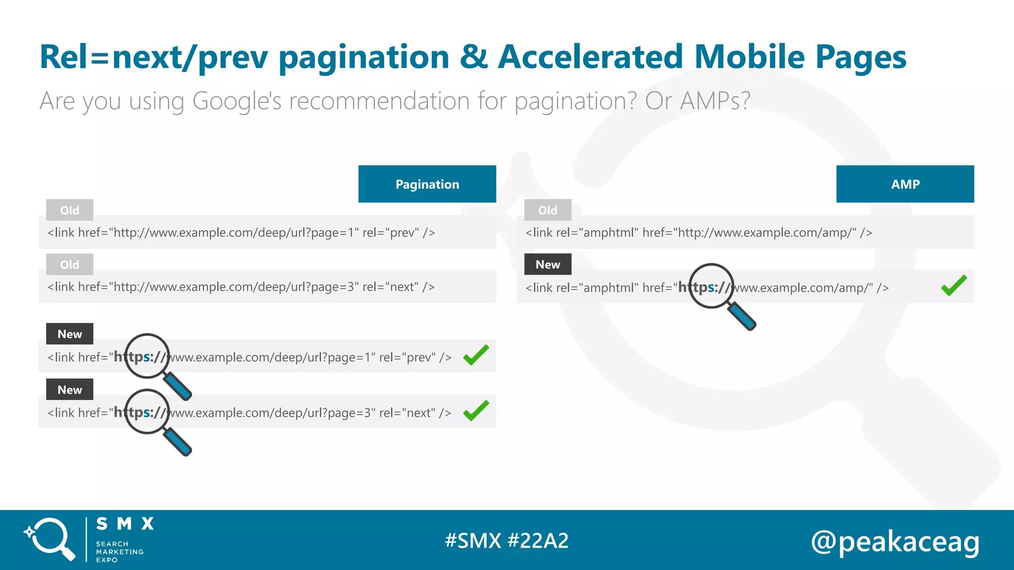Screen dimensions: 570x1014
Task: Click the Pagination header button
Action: tap(427, 184)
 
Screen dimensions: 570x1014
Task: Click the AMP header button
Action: tap(905, 184)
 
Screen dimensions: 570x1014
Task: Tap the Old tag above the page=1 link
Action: tap(70, 210)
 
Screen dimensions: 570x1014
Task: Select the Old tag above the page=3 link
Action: tap(70, 265)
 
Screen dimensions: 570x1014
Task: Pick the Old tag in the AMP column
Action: tap(548, 210)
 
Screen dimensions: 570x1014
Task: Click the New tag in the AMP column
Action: tap(548, 265)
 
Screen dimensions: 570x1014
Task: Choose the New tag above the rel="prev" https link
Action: tap(70, 334)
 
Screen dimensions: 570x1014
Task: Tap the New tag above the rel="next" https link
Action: tap(70, 390)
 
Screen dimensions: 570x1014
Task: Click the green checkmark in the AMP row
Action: tap(954, 285)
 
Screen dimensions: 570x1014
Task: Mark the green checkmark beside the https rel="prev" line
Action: tap(476, 355)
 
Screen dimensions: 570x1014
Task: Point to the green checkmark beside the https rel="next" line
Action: tap(476, 411)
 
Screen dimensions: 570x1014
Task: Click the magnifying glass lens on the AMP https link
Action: tap(711, 286)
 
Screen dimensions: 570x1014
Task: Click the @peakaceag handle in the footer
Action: tap(895, 541)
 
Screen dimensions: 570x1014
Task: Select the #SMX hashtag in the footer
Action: tap(473, 541)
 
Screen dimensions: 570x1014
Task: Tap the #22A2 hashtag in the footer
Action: tap(538, 541)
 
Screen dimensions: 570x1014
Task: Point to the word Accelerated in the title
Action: tap(591, 57)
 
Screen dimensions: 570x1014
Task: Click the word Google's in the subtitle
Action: tap(237, 101)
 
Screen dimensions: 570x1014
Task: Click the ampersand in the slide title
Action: tap(473, 57)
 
